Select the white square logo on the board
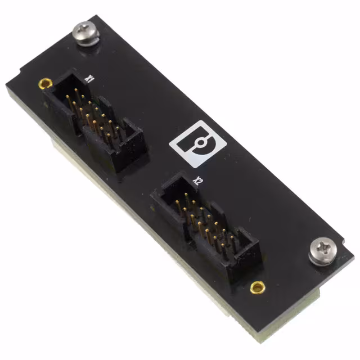point(198,144)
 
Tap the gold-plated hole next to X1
point(42,83)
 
